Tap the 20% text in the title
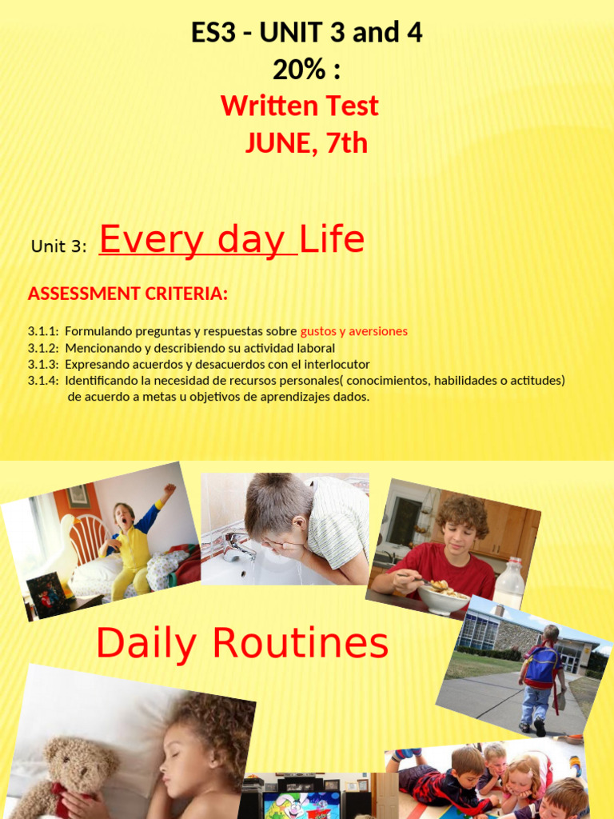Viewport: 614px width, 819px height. click(x=306, y=70)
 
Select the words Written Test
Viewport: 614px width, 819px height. click(x=300, y=106)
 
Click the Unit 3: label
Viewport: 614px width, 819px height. click(x=58, y=246)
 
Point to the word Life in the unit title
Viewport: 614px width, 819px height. click(x=333, y=239)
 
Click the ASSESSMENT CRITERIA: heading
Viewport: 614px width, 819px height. click(x=128, y=294)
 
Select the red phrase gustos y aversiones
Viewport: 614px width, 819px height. click(x=354, y=331)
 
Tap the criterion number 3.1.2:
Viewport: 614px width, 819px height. click(x=43, y=349)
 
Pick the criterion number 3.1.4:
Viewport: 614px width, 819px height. click(x=43, y=381)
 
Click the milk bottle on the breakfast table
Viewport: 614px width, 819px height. click(x=509, y=585)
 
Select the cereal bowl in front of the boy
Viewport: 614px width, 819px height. click(x=443, y=597)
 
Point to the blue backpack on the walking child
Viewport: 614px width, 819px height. click(x=541, y=666)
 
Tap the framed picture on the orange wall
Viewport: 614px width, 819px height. click(x=78, y=496)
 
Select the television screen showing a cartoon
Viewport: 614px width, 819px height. click(x=301, y=805)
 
